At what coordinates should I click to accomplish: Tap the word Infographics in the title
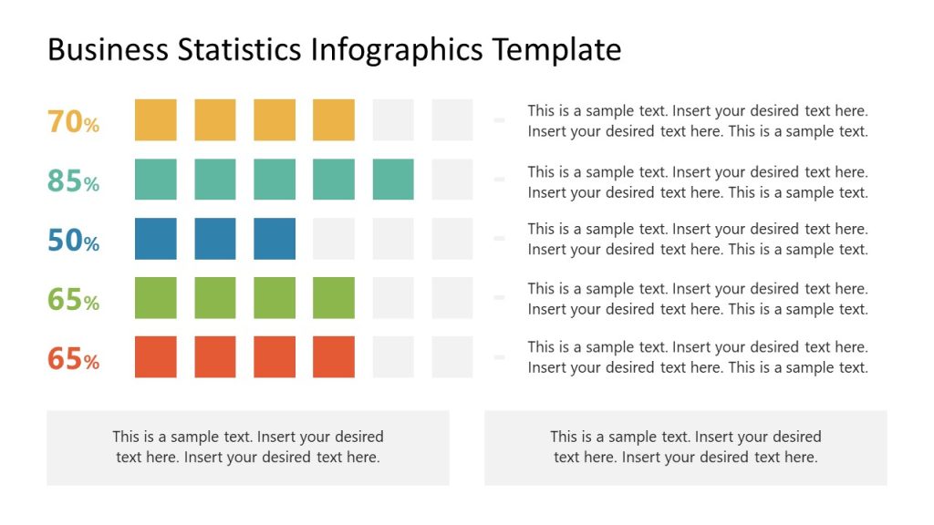(398, 49)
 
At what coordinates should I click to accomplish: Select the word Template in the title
(556, 49)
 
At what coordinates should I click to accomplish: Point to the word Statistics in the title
(240, 49)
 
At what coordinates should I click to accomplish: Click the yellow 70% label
(73, 121)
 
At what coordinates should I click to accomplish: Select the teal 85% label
(73, 180)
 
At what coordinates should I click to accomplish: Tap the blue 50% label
(73, 241)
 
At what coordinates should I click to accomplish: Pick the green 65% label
(73, 299)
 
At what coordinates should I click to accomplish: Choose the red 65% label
(73, 358)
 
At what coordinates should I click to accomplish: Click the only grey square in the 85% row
(452, 180)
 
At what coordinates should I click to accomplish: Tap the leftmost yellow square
(156, 120)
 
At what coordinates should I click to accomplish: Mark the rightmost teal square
(393, 180)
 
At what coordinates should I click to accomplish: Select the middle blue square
(215, 239)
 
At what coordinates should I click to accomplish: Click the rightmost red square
(334, 356)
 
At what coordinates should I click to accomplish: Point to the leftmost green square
(156, 298)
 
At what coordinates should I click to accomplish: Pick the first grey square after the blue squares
(334, 239)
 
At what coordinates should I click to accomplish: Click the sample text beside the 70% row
(698, 121)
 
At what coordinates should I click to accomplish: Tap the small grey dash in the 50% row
(499, 239)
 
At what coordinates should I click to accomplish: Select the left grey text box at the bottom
(248, 448)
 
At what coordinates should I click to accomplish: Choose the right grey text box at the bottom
(686, 448)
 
